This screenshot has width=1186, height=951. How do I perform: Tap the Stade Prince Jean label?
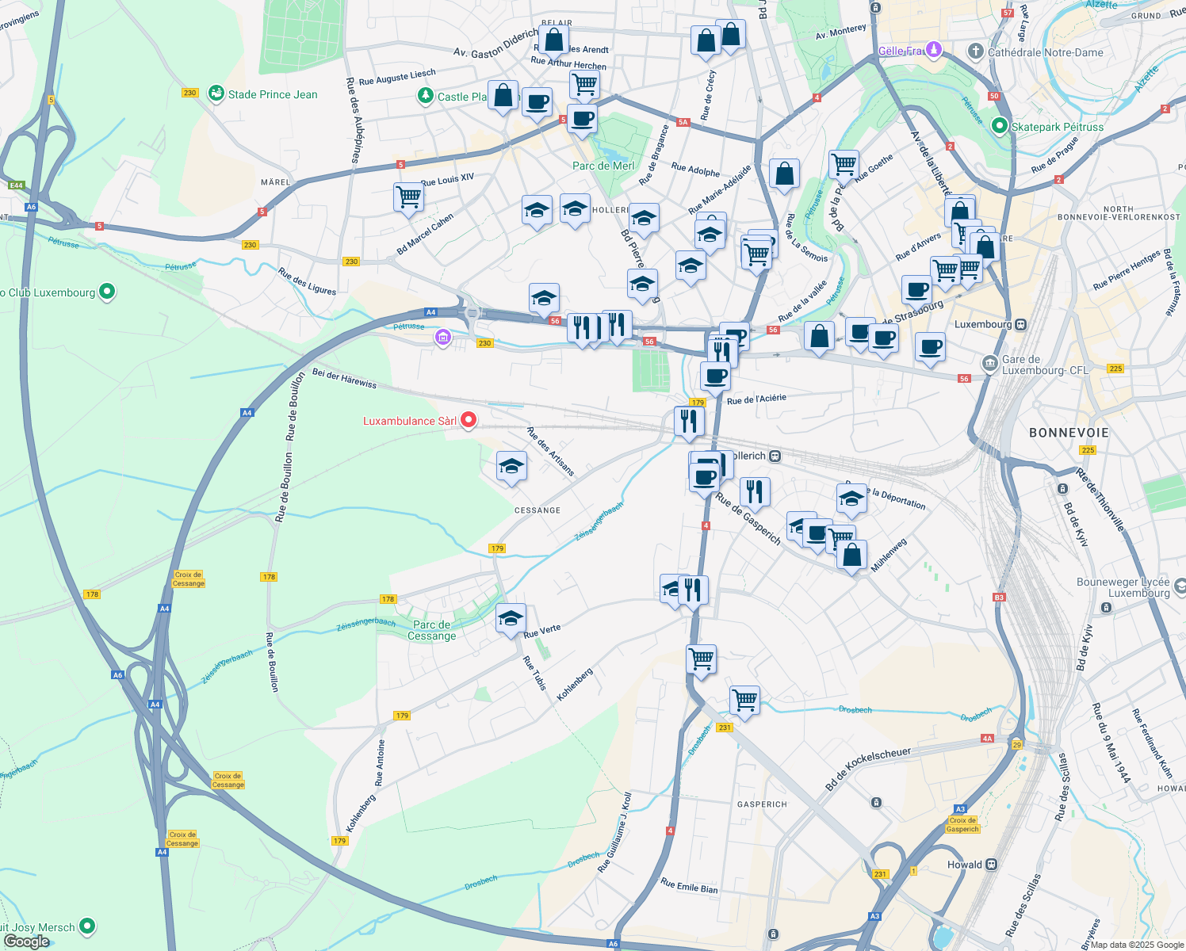coord(272,94)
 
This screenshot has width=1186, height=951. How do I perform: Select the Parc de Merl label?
coord(603,166)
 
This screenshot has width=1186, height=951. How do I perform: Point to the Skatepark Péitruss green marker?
coord(1000,126)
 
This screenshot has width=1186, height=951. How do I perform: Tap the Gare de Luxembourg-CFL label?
coord(1045,365)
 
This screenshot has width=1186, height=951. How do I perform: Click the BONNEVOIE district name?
coord(1068,433)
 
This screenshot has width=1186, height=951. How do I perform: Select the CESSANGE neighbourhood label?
coord(538,510)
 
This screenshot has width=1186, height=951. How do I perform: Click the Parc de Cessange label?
coord(432,630)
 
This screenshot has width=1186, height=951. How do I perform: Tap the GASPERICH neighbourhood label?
coord(762,804)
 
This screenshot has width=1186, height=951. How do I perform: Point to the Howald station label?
coord(965,865)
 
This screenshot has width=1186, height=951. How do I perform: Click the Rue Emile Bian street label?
coord(689,886)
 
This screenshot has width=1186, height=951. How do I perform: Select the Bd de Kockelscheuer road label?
coord(868,768)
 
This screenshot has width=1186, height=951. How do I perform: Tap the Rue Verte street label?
coord(542,631)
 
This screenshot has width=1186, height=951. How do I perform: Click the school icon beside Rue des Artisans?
coord(511,466)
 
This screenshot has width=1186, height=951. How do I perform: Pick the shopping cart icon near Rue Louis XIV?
coord(408,196)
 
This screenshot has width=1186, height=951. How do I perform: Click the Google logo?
coord(26,941)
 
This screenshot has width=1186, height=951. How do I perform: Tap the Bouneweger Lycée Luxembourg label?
coord(1123,587)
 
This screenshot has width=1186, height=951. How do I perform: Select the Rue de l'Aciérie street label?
coord(756,399)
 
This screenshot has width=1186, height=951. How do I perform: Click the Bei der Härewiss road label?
coord(344,377)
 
